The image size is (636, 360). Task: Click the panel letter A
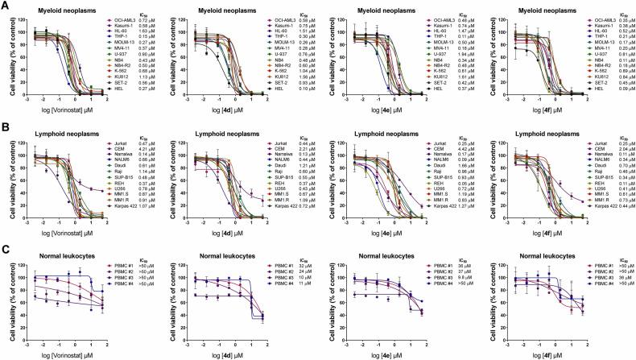point(5,5)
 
